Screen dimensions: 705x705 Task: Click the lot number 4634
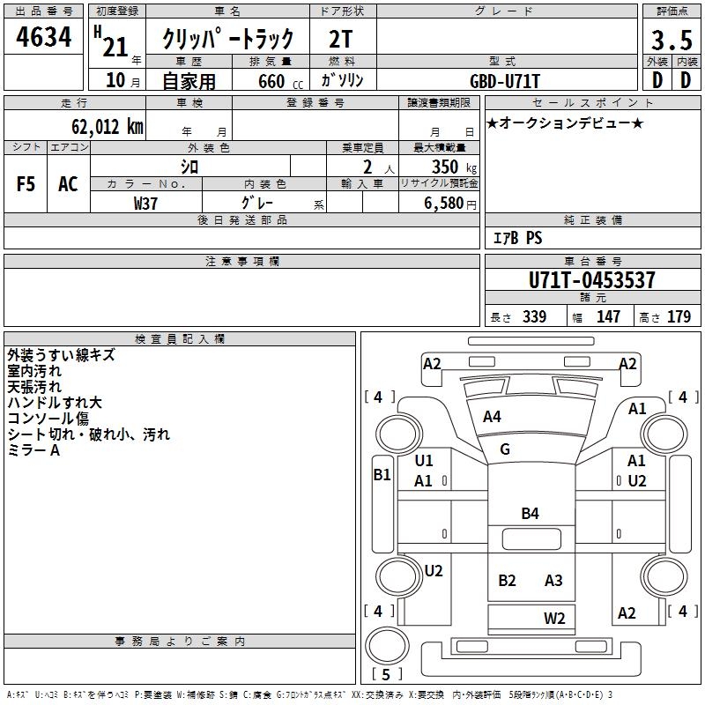point(43,39)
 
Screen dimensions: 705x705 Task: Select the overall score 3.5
point(670,41)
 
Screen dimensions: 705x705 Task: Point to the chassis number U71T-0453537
point(592,280)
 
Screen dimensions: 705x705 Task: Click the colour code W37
point(145,203)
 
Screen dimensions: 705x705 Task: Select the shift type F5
point(26,184)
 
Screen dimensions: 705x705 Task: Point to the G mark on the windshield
point(505,449)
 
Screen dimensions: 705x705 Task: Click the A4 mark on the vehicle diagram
point(492,417)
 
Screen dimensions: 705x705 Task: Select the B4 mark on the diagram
point(530,514)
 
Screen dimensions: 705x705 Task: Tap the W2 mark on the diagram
point(554,618)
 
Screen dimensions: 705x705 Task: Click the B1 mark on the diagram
point(382,474)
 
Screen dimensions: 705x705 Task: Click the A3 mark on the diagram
point(553,580)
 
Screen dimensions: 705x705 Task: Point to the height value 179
point(679,316)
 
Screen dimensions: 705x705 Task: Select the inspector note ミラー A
point(33,450)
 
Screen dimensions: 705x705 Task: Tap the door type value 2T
point(341,39)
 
